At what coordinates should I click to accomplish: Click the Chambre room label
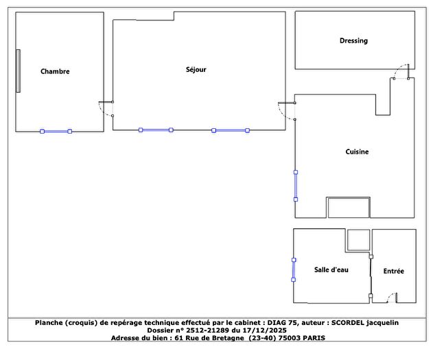coord(55,71)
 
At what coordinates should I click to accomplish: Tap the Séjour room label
coord(196,69)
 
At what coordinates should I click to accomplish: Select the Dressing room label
coord(353,40)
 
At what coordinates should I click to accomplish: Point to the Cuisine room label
coord(357,152)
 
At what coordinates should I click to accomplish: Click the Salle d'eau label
coord(331,270)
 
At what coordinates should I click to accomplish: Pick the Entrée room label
coord(393,272)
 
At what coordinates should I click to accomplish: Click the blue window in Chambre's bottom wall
coord(56,131)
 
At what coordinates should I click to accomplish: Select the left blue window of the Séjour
coord(155,130)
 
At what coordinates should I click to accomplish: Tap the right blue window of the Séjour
coord(231,130)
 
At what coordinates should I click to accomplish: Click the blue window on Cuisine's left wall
coord(296,185)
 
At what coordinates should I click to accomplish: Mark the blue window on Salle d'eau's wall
coord(294,269)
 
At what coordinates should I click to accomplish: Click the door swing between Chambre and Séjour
coord(105,109)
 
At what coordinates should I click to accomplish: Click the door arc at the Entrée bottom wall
coord(390,298)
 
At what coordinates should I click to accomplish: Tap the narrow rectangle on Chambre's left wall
coord(19,71)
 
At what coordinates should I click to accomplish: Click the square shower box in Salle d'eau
coord(358,240)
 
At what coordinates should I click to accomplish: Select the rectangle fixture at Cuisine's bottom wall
coord(349,208)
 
